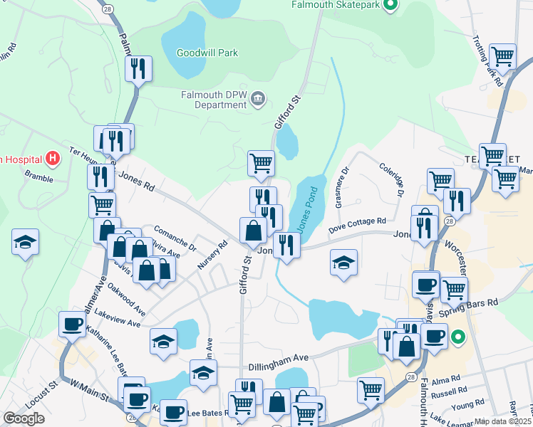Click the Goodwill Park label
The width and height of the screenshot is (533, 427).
click(x=207, y=53)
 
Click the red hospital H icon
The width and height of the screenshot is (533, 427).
click(x=51, y=158)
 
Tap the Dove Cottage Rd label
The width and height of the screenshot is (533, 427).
click(x=357, y=226)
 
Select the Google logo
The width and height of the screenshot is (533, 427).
click(x=24, y=418)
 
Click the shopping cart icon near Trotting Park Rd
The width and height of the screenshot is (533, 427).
click(x=503, y=56)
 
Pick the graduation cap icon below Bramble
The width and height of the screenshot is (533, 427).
click(x=25, y=241)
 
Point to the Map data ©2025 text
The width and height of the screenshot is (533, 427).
click(x=503, y=421)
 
